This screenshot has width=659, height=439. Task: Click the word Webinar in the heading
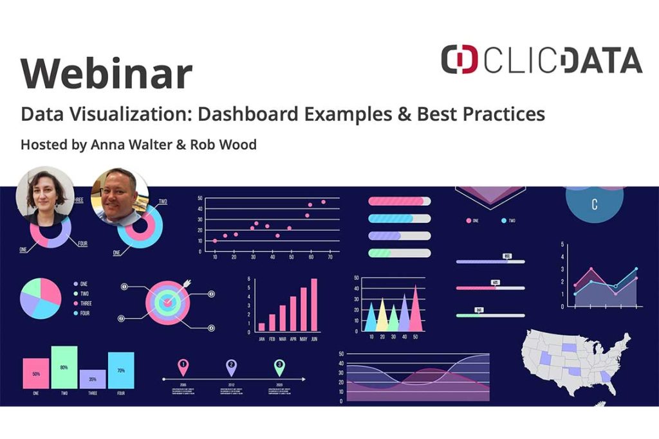point(106,74)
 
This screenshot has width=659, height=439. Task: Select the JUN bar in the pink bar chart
point(314,305)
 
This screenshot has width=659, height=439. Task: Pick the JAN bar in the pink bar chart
point(261,327)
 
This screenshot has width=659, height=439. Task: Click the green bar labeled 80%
point(64,367)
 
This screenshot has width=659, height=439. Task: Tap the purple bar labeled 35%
point(93,379)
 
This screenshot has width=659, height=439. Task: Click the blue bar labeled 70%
point(121,370)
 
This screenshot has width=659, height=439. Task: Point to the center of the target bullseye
point(167,300)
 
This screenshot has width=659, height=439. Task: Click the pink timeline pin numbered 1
point(183,367)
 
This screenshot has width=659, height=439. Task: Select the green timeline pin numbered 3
point(279,367)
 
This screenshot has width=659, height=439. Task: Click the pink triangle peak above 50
point(415,309)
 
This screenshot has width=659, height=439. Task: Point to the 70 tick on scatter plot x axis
point(330,257)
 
